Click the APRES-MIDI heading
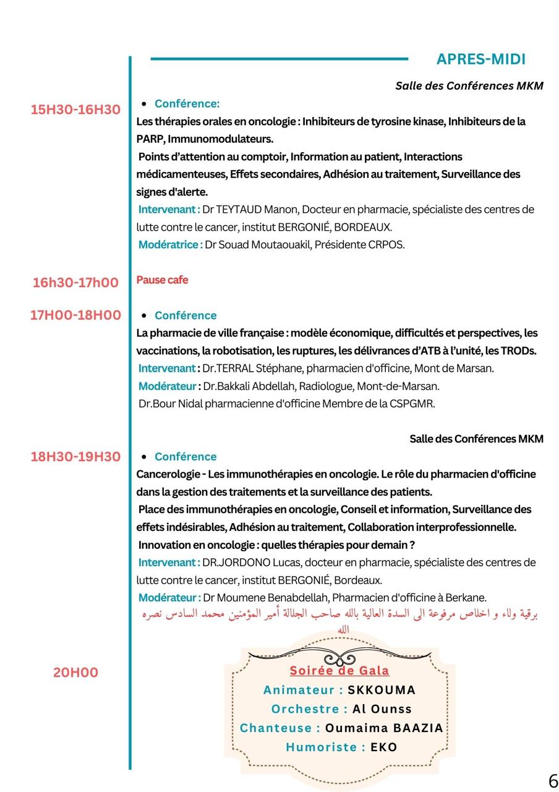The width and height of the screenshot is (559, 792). (x=480, y=59)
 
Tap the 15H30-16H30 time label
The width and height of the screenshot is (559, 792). (x=75, y=110)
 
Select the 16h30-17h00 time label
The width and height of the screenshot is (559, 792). (x=75, y=283)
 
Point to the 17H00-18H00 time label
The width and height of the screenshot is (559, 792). (x=75, y=316)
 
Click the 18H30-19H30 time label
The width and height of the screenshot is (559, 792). (x=75, y=457)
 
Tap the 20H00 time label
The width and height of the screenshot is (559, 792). (x=75, y=672)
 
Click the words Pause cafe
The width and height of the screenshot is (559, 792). (x=162, y=280)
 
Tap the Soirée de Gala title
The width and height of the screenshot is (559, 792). (x=339, y=671)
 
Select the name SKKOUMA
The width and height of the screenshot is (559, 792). (x=382, y=690)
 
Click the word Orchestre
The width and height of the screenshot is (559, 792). (x=309, y=709)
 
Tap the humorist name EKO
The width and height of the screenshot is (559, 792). (x=383, y=747)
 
